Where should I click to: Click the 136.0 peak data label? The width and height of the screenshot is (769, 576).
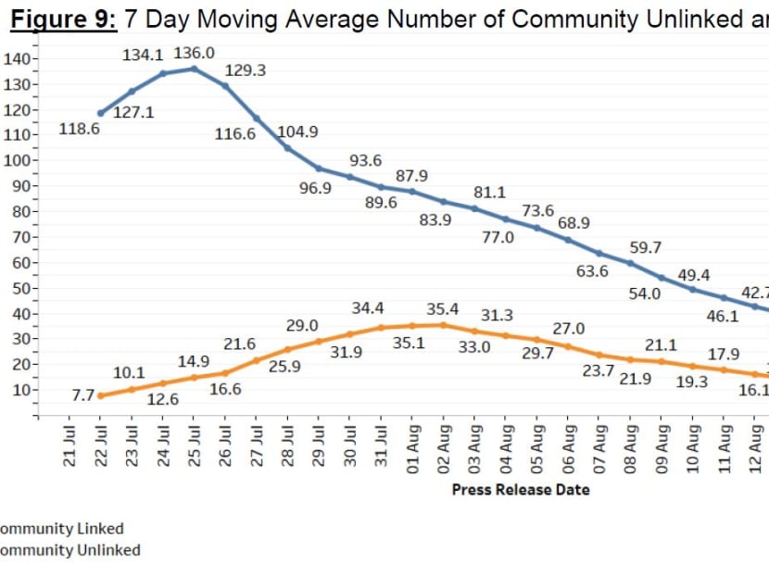194,54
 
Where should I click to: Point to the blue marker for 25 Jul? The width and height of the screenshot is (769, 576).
194,69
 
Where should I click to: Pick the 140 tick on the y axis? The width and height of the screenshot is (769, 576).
19,59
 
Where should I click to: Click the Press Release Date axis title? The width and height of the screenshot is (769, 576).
520,489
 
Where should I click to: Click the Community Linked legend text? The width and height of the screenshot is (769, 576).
61,529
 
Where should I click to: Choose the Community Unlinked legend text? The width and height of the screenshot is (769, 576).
70,550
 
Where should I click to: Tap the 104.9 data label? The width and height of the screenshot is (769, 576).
298,131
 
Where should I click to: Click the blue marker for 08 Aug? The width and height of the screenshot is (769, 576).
631,263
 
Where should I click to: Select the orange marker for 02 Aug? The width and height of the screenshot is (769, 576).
444,325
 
